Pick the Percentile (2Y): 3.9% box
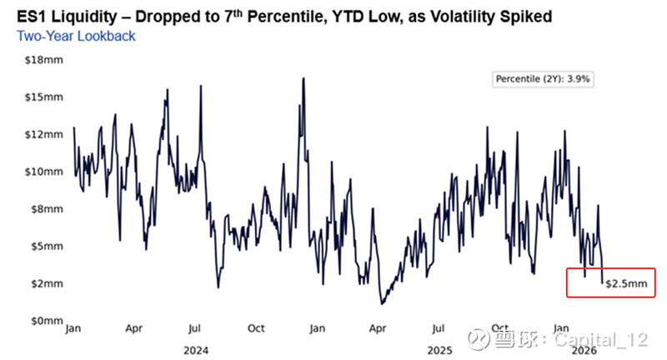[x=544, y=79]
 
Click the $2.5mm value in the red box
[x=626, y=284]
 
